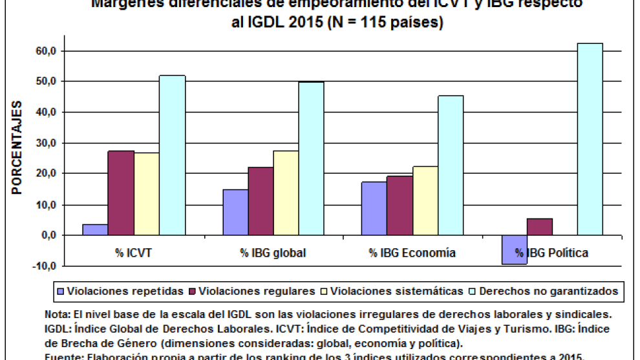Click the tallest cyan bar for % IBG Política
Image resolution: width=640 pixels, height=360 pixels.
(590, 139)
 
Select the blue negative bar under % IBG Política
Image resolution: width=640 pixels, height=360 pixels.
(515, 249)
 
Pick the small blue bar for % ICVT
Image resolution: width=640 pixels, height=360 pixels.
(95, 229)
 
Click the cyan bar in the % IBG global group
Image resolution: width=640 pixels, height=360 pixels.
(311, 158)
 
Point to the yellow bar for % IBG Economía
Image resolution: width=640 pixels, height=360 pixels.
(425, 200)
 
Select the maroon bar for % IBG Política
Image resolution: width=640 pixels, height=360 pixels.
(540, 227)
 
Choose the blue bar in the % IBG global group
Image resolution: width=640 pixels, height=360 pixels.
(235, 212)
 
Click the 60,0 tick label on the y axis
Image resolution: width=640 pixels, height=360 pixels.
(46, 51)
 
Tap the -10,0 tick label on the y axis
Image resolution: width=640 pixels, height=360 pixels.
(45, 266)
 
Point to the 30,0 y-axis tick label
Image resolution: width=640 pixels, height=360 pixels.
(46, 143)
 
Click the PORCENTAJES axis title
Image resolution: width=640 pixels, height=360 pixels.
(17, 148)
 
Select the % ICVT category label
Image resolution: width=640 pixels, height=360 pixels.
(133, 253)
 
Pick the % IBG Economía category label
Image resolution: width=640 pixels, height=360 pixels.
(412, 253)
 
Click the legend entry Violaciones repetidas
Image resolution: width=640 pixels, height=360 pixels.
(125, 291)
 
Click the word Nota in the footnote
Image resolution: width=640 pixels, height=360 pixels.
(56, 314)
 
